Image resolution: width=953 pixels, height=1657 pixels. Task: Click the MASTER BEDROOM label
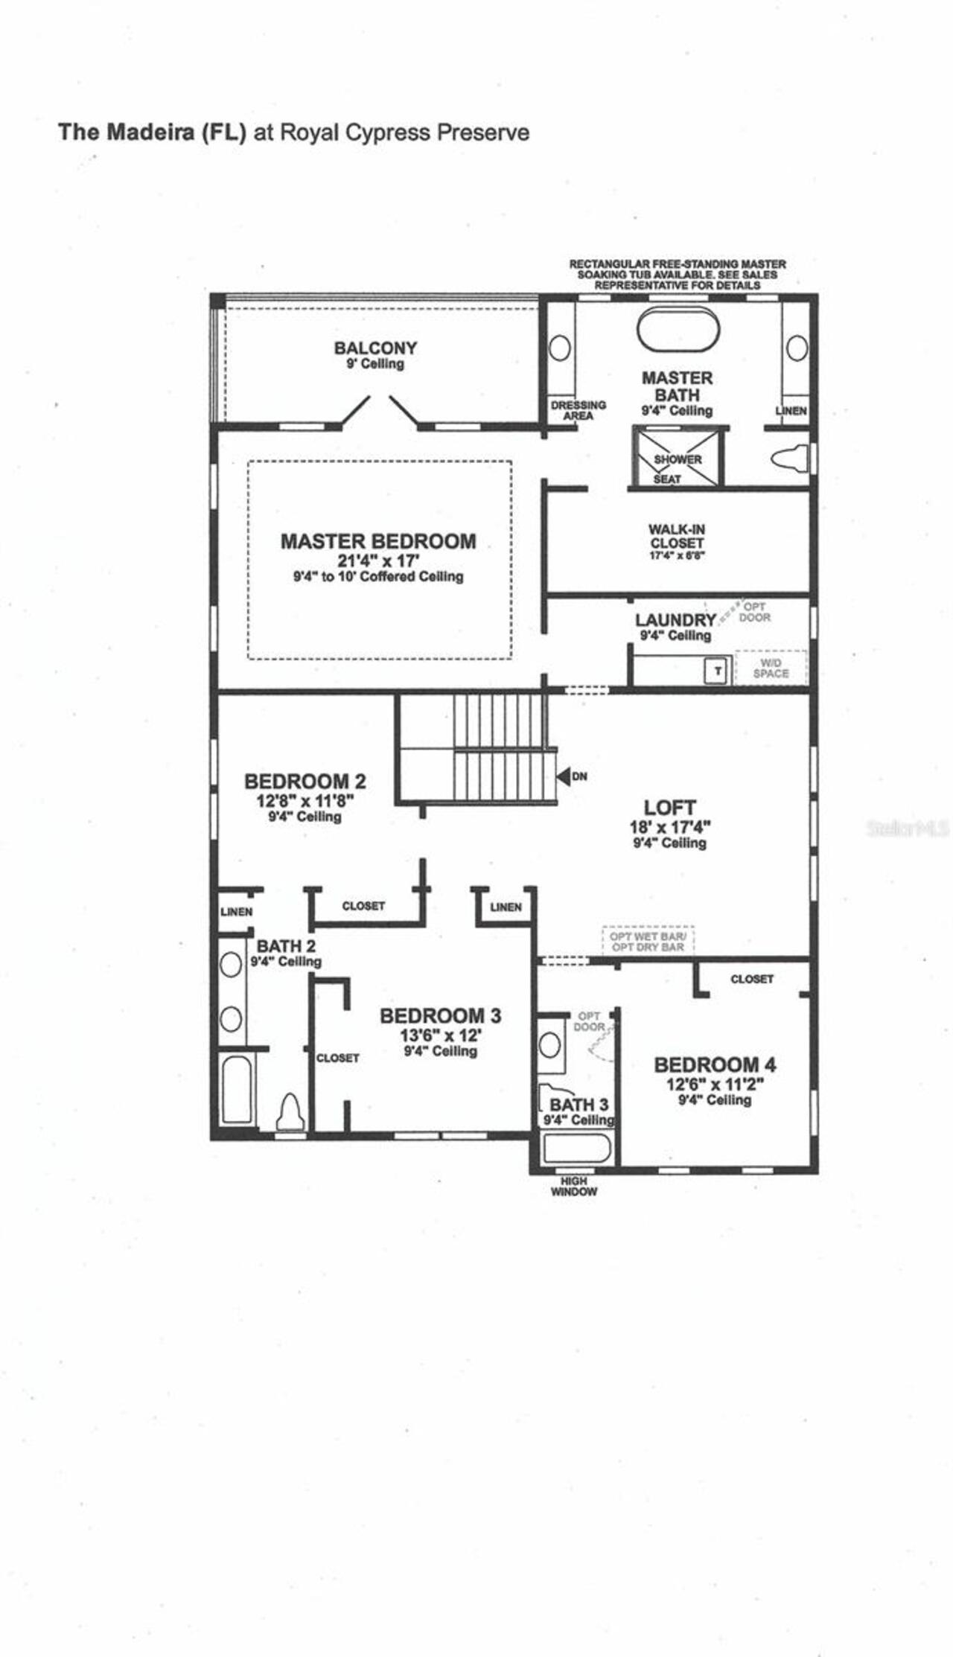pos(378,541)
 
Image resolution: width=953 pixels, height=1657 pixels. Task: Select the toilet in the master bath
pos(790,459)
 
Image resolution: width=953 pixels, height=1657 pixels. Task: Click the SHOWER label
pos(678,459)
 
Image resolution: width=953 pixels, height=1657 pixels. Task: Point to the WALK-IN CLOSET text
pos(676,537)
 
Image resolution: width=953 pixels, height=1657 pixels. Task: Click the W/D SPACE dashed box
pos(771,668)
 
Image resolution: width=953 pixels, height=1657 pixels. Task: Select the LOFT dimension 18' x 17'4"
pos(670,826)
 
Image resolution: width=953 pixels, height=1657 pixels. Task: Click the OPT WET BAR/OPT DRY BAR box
pos(648,942)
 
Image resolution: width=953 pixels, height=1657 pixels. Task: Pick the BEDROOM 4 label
pos(715,1064)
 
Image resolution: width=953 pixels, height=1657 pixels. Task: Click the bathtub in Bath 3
pos(577,1149)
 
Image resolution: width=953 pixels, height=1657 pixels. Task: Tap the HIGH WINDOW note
pos(574,1186)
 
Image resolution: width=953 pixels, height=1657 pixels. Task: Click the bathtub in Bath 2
pos(237,1088)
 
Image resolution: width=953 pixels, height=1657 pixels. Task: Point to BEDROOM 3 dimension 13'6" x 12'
pos(441,1035)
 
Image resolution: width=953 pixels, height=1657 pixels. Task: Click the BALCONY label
pos(375,348)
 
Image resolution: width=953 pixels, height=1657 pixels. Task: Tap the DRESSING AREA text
pos(579,410)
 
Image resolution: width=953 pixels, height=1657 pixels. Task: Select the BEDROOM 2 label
pos(305,781)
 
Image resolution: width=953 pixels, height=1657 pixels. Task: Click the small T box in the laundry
pos(718,671)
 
